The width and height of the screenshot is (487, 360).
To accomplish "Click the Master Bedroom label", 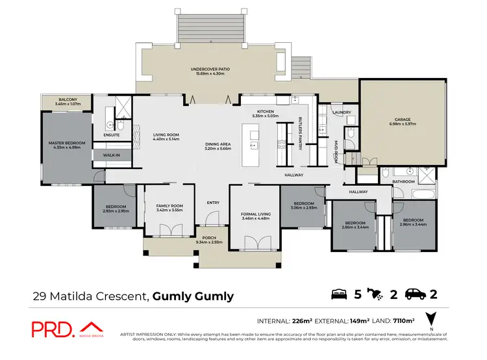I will tap(67, 142).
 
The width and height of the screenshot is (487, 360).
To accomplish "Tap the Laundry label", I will tap(342, 112).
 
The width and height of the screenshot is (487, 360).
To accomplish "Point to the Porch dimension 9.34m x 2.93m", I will tap(208, 242).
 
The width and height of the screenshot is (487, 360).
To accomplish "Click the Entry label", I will tap(213, 203).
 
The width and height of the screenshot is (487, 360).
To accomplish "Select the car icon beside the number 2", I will tap(416, 294).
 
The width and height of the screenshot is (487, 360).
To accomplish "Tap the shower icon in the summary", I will tap(377, 294).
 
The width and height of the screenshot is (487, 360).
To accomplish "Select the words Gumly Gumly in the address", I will tap(193, 296).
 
